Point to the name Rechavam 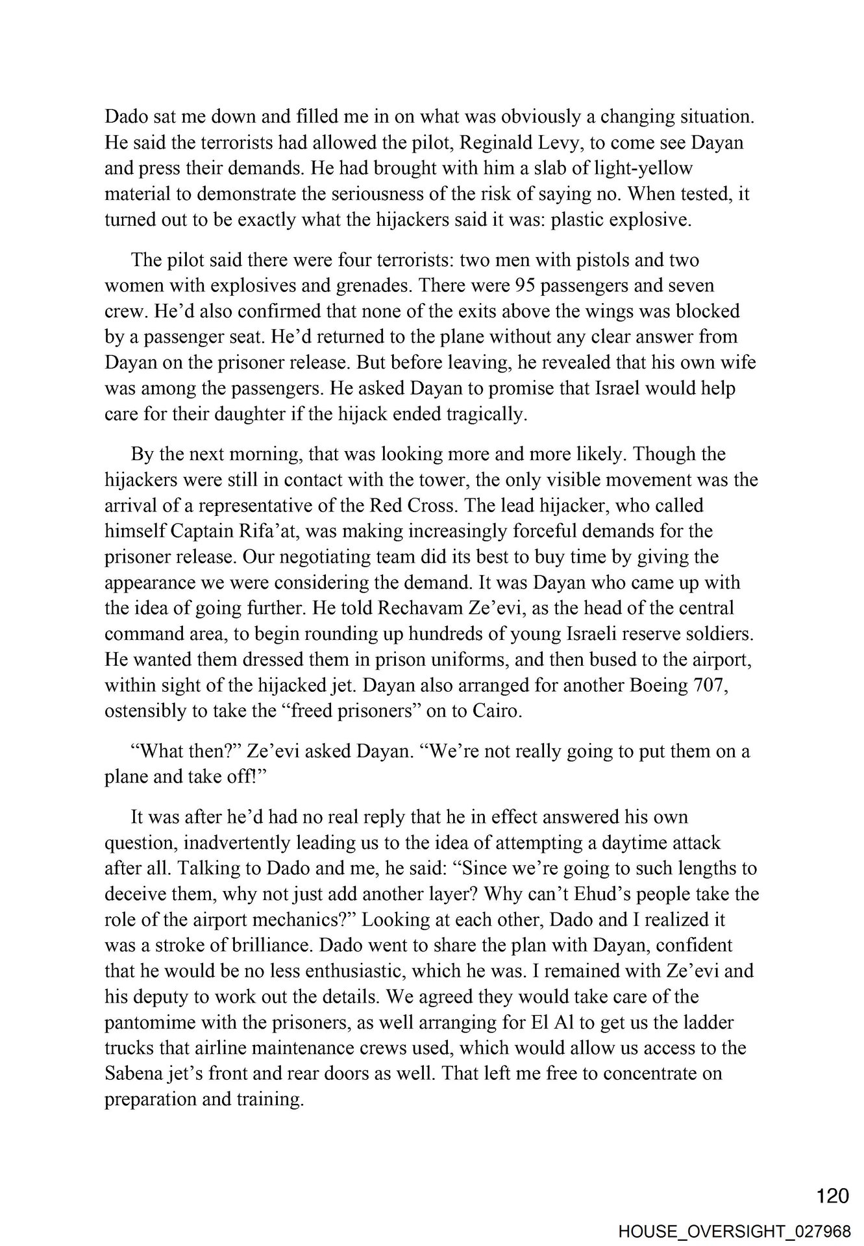tap(420, 609)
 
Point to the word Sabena tap(137, 1075)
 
